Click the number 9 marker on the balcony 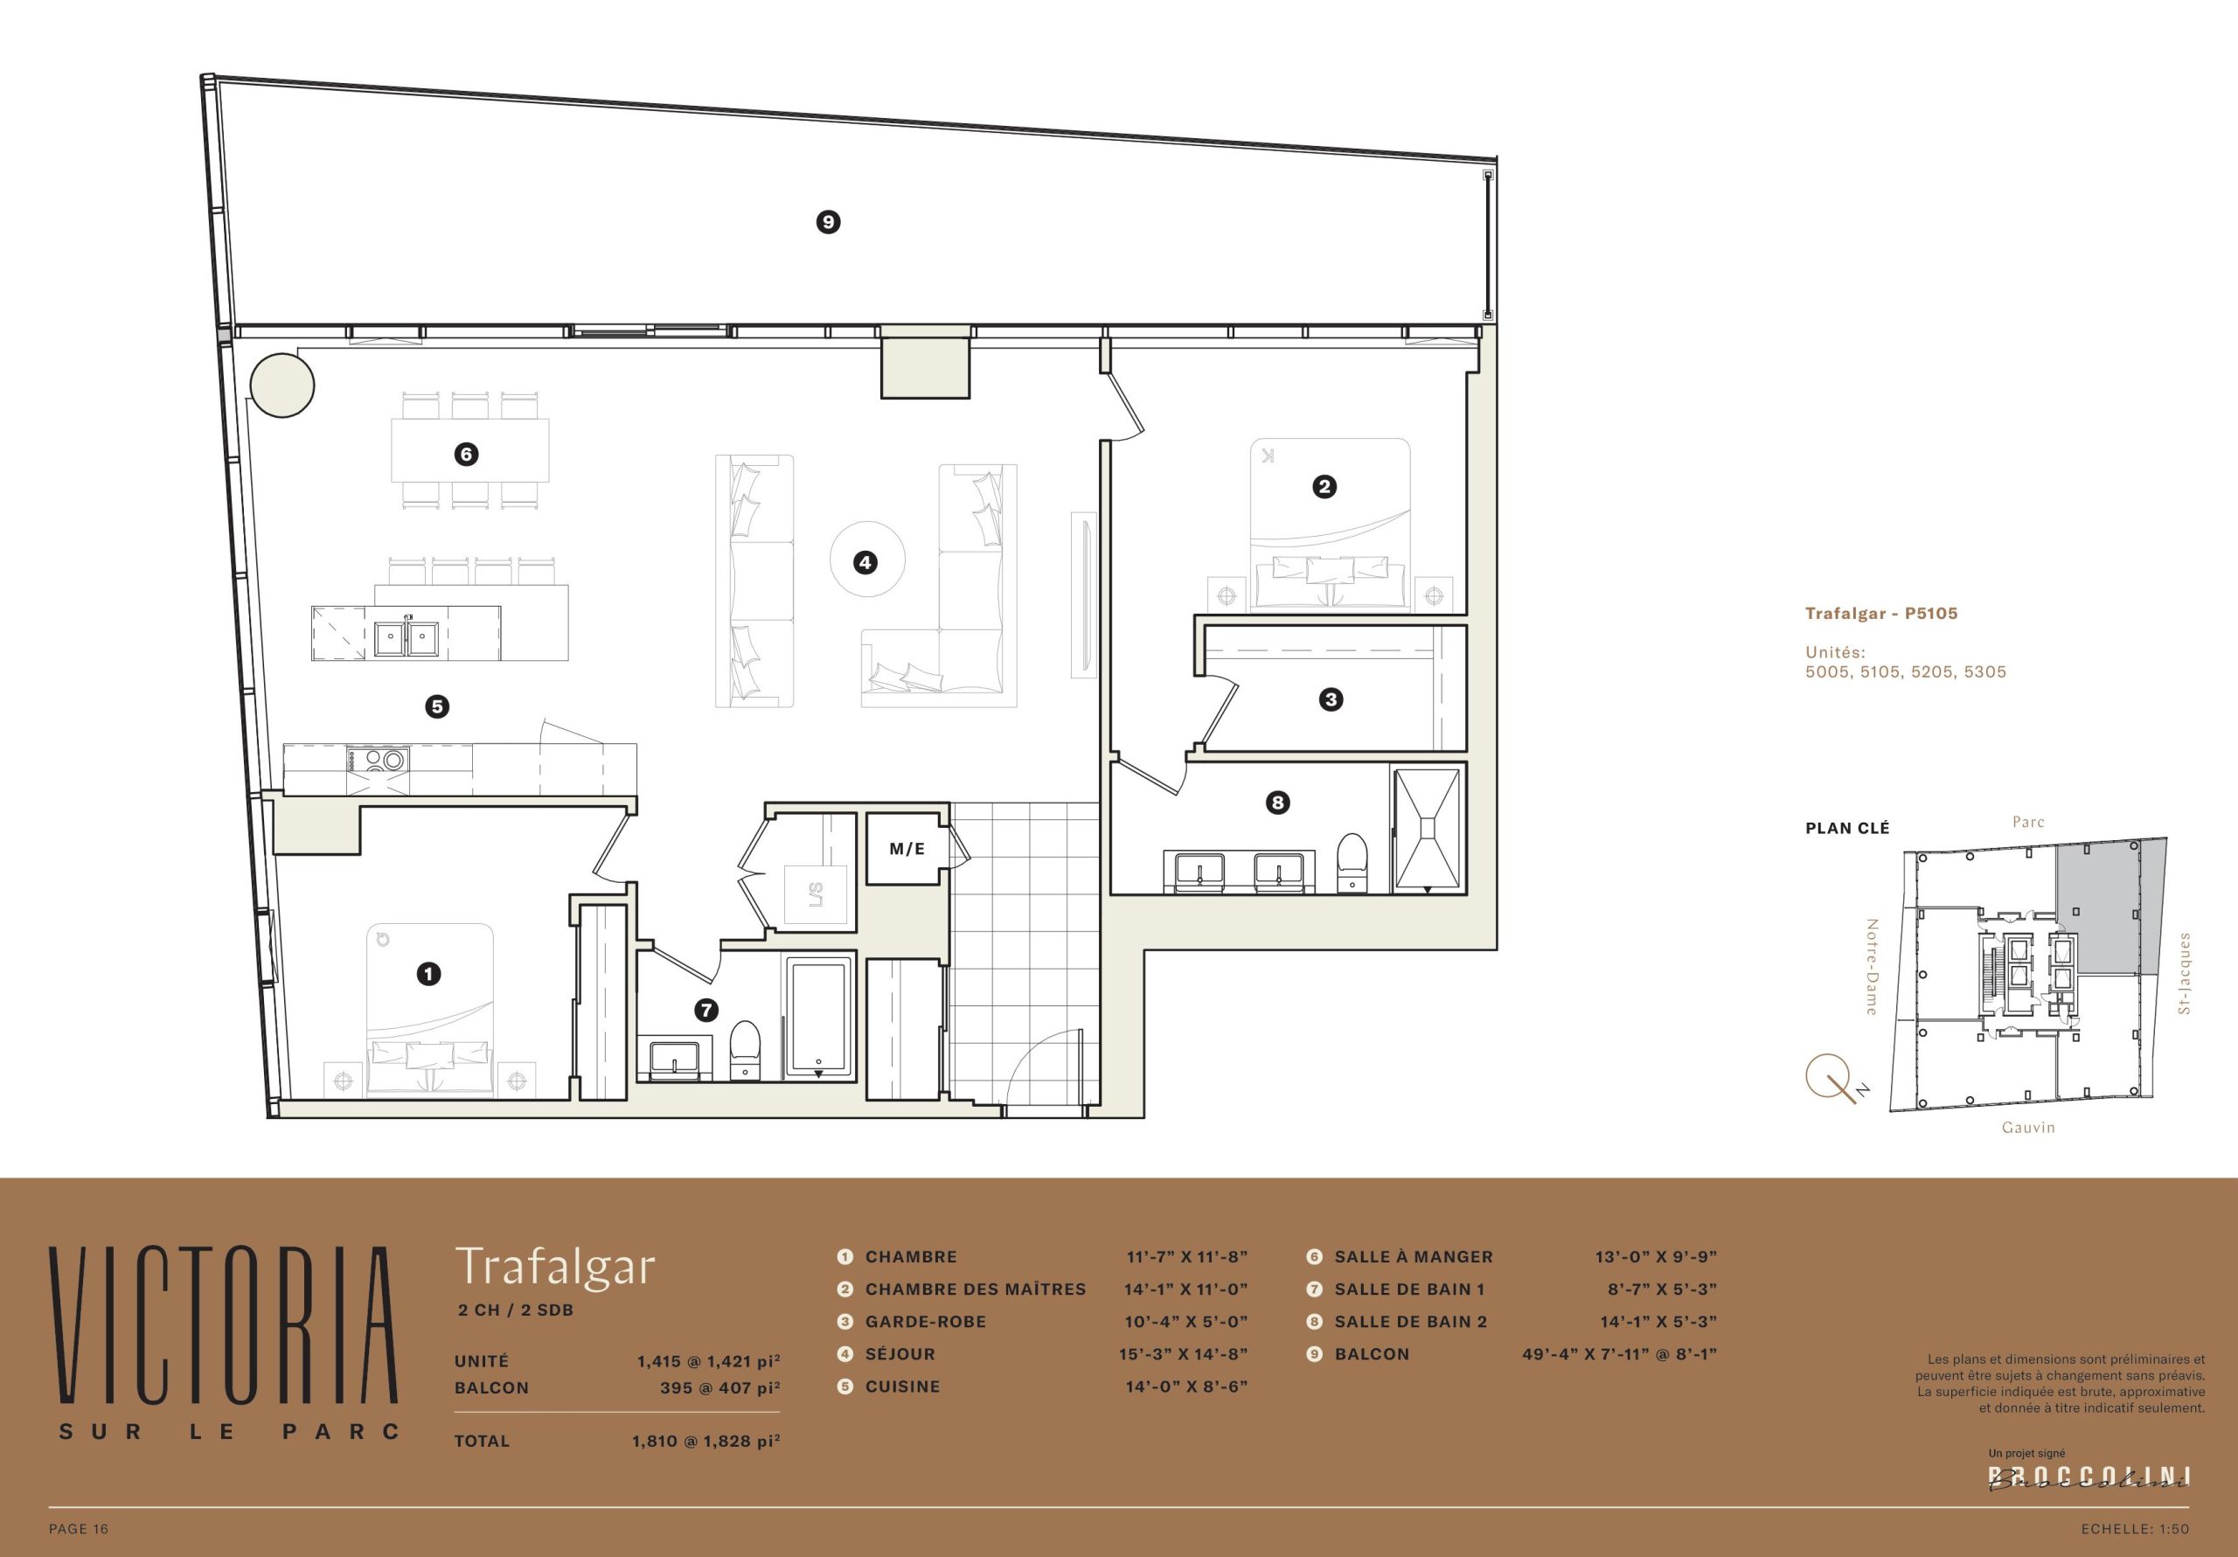(x=828, y=222)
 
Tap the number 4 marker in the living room (x=865, y=561)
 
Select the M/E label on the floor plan (x=907, y=849)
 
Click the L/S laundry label (x=816, y=894)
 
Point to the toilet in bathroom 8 (x=1352, y=861)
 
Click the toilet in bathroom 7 (x=745, y=1050)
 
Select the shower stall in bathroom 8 (x=1427, y=829)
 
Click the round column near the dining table (x=282, y=386)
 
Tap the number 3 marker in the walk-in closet (x=1331, y=699)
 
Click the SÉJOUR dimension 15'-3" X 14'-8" (x=1184, y=1354)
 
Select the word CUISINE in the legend (x=902, y=1387)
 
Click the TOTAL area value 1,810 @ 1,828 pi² (x=705, y=1440)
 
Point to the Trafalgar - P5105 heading (x=1881, y=613)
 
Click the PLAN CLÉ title (x=1847, y=828)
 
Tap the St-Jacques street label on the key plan (x=2184, y=973)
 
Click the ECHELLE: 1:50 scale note (x=2135, y=1529)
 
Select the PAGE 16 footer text (x=79, y=1529)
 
